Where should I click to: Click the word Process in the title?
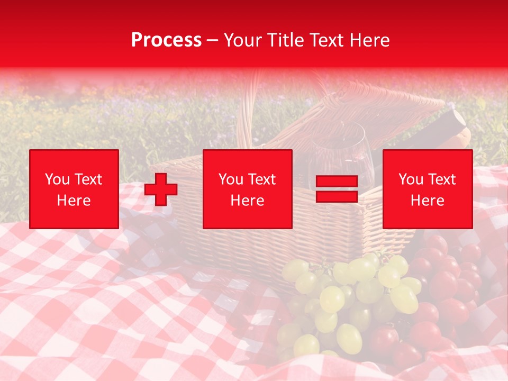coord(166,40)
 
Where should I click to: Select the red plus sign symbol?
coord(161,189)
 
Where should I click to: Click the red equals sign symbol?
coord(337,189)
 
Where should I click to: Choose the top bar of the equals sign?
coord(337,182)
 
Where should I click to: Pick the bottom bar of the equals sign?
coord(337,196)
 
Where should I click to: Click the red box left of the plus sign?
coord(74,189)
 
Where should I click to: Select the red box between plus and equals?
coord(247,189)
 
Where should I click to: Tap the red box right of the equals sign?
coord(427,189)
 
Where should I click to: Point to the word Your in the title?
coord(241,40)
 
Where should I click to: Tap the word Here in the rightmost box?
coord(427,201)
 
